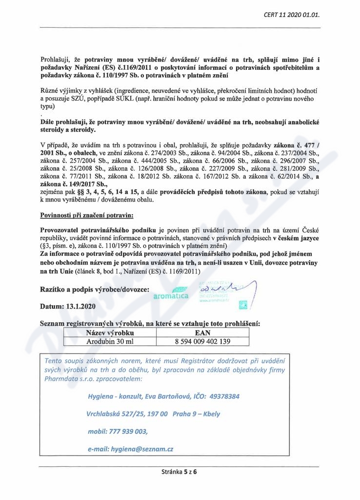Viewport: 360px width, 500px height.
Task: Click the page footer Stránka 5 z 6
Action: point(180,472)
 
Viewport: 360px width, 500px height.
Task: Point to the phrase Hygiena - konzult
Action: point(112,396)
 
